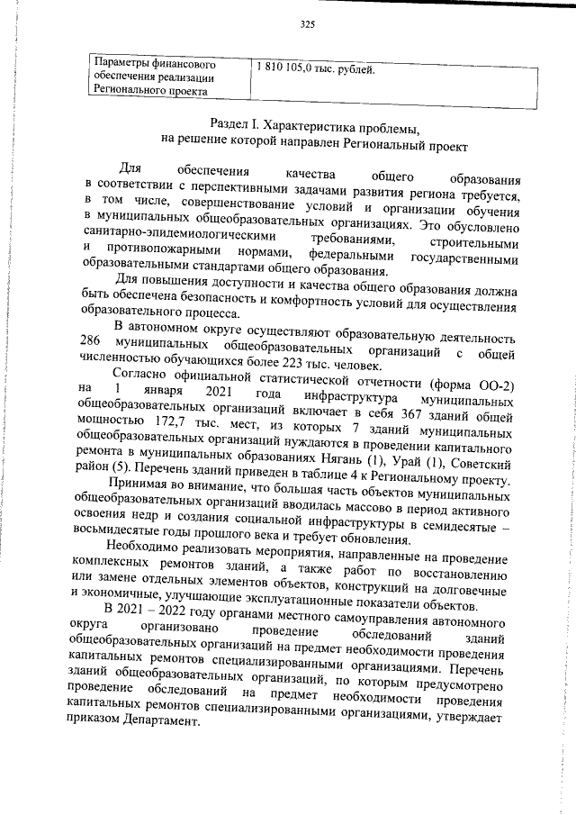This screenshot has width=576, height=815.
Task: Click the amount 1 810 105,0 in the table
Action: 286,68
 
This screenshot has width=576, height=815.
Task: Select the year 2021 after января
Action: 220,398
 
